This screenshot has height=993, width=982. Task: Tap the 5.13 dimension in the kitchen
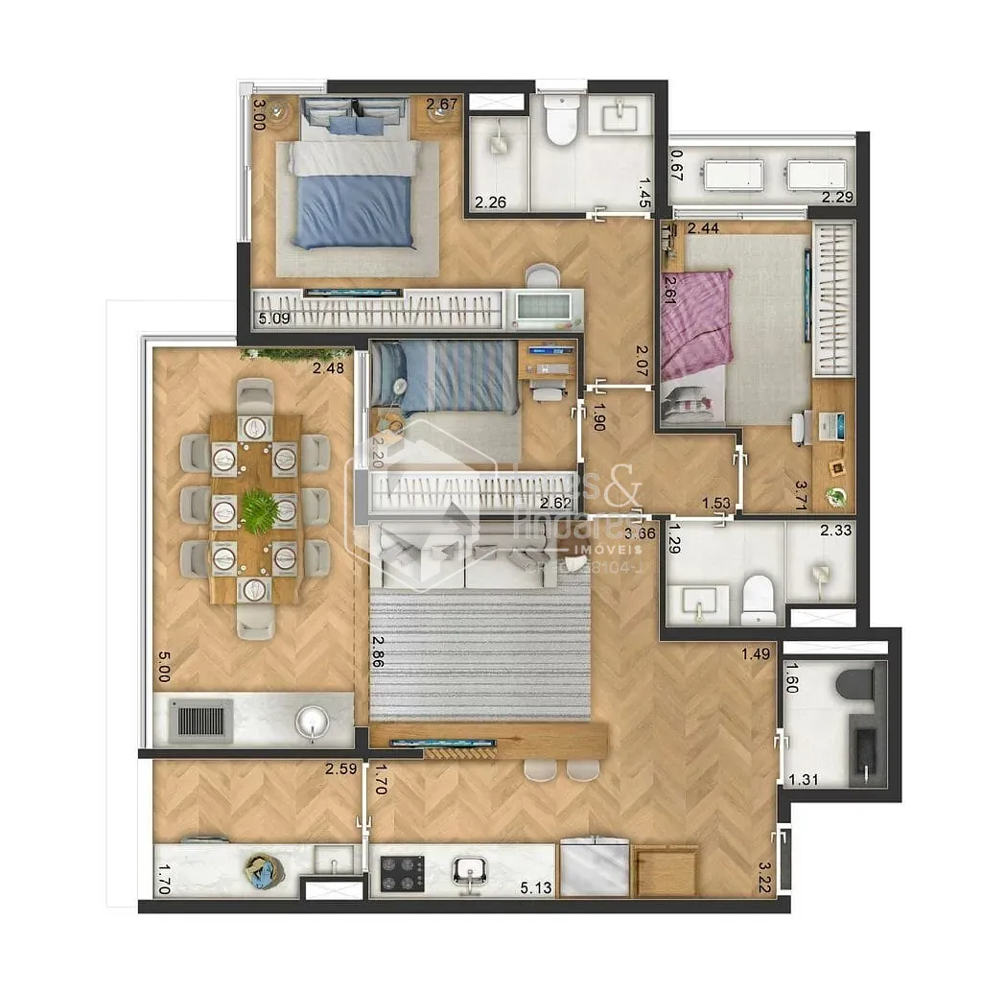[x=535, y=888]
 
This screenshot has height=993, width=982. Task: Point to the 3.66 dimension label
[x=641, y=534]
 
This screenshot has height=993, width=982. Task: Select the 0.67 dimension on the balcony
[x=676, y=164]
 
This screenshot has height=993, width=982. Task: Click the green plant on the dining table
[x=259, y=510]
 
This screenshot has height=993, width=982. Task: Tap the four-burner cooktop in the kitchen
[x=403, y=873]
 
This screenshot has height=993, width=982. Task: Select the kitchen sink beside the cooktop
[x=470, y=871]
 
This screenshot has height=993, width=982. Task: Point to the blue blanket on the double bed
[x=354, y=209]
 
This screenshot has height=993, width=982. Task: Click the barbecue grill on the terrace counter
[x=201, y=720]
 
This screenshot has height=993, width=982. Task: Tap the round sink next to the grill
[x=311, y=720]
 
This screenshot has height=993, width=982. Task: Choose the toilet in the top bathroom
[x=559, y=120]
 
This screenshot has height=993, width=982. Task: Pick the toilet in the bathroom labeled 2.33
[x=759, y=599]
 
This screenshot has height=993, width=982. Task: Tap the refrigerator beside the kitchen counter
[x=595, y=869]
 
